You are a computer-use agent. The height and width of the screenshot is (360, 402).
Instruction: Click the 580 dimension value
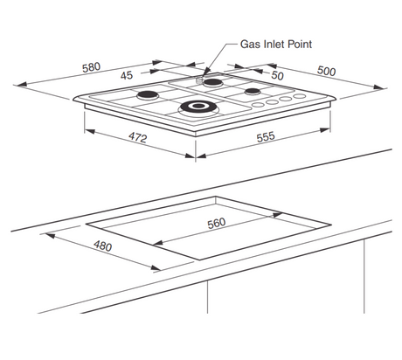tap(91, 67)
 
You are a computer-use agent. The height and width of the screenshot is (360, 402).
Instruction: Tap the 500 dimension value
tap(326, 71)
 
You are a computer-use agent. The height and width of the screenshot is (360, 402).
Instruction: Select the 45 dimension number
tap(127, 76)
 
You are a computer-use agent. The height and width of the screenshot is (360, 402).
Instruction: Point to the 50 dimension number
tap(277, 75)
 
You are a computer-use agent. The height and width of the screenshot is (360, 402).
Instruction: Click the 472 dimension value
tap(138, 137)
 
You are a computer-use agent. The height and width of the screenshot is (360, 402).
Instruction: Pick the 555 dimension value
tap(266, 136)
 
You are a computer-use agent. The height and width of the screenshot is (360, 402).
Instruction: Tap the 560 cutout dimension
tap(217, 223)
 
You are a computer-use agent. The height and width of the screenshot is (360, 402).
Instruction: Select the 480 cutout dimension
tap(102, 246)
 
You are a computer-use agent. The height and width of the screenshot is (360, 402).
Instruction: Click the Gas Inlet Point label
tap(276, 45)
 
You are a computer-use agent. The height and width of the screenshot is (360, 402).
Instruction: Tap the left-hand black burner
tap(148, 95)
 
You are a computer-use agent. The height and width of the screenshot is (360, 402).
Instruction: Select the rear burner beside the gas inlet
tap(213, 83)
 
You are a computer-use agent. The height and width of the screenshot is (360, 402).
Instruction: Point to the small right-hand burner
tap(252, 92)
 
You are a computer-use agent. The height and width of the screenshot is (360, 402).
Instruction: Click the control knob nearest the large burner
tap(258, 105)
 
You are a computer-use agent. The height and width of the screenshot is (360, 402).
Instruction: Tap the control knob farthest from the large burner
tap(300, 96)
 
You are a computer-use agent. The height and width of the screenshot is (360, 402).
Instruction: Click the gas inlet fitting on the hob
tap(199, 80)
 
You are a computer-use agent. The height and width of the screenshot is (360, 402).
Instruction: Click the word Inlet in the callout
tap(274, 45)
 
